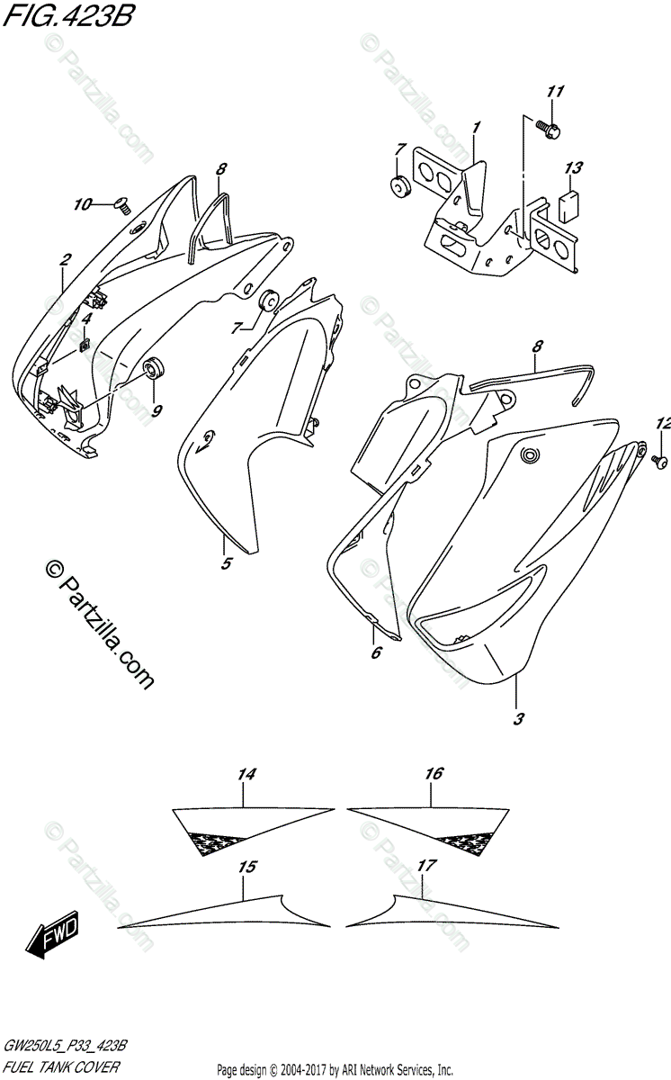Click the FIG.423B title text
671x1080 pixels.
pos(67,17)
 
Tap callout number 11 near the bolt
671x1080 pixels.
pos(554,92)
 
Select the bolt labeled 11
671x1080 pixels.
pos(550,130)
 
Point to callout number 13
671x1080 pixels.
pos(574,168)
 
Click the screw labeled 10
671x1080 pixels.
pos(124,206)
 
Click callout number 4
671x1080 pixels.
pos(86,319)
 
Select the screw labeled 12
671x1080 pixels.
pos(658,461)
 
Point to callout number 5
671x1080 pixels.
pos(226,564)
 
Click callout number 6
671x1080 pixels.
pos(376,652)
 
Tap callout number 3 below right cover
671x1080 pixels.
pos(518,719)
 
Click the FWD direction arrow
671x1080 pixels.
pos(54,936)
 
